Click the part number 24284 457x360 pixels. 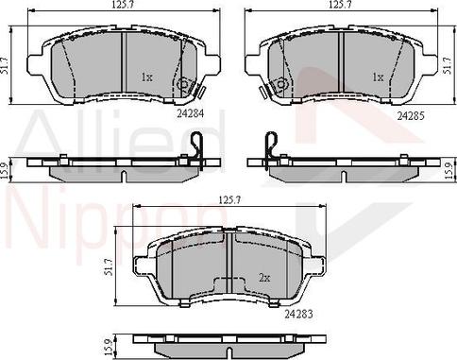pyautogui.click(x=190, y=113)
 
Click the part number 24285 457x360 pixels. pyautogui.click(x=411, y=116)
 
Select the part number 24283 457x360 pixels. pyautogui.click(x=299, y=314)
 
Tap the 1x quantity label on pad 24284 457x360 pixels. pyautogui.click(x=146, y=77)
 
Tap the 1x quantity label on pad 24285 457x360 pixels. pyautogui.click(x=378, y=77)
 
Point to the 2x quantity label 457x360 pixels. pyautogui.click(x=264, y=278)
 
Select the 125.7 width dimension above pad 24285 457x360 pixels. pyautogui.click(x=342, y=5)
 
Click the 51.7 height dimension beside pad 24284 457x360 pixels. pyautogui.click(x=6, y=65)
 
